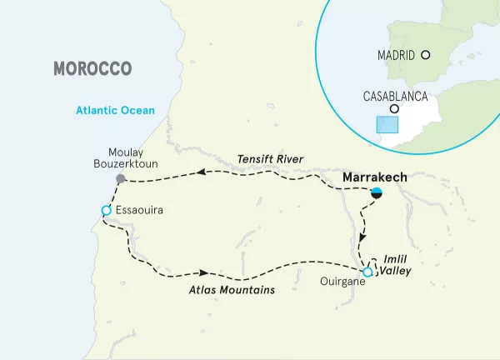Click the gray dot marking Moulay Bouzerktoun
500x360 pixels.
click(121, 179)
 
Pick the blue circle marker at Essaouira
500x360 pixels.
click(105, 210)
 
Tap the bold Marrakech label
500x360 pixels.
click(374, 177)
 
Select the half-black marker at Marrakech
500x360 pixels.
click(377, 193)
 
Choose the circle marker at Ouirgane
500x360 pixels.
click(367, 272)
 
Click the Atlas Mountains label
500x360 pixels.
click(231, 290)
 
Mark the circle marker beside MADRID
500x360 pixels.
click(426, 55)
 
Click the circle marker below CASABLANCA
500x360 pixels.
click(395, 109)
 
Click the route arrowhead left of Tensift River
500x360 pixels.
click(201, 173)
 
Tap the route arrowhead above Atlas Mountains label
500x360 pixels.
click(202, 272)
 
